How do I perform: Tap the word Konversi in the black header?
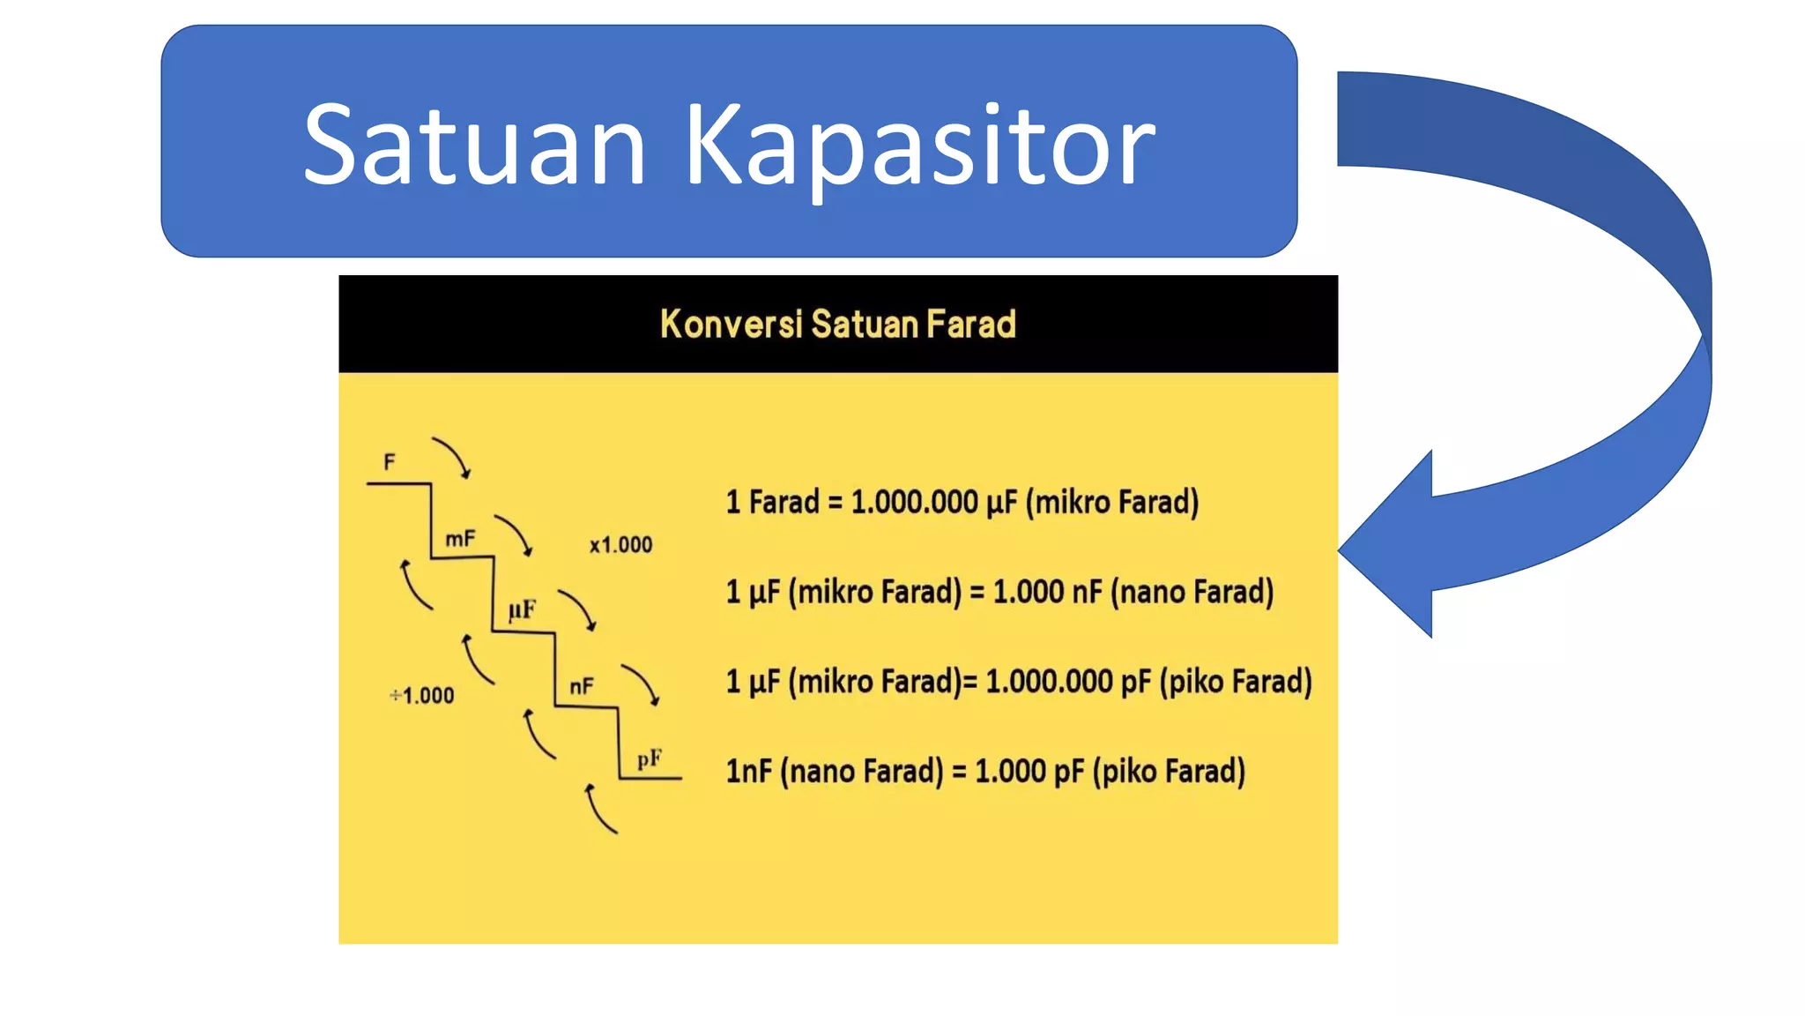point(731,324)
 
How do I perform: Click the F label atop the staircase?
point(390,462)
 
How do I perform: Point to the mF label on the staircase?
point(460,538)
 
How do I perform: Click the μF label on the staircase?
point(522,609)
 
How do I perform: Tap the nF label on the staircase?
point(582,686)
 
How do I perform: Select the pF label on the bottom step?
point(650,758)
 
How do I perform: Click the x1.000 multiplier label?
point(621,545)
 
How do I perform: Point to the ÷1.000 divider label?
point(422,696)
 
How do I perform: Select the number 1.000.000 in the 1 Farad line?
point(914,502)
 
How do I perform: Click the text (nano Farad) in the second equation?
point(1192,592)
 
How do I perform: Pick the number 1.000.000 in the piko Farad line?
point(1049,682)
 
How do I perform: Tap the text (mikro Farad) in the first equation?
point(1112,502)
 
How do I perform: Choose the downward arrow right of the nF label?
point(641,684)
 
